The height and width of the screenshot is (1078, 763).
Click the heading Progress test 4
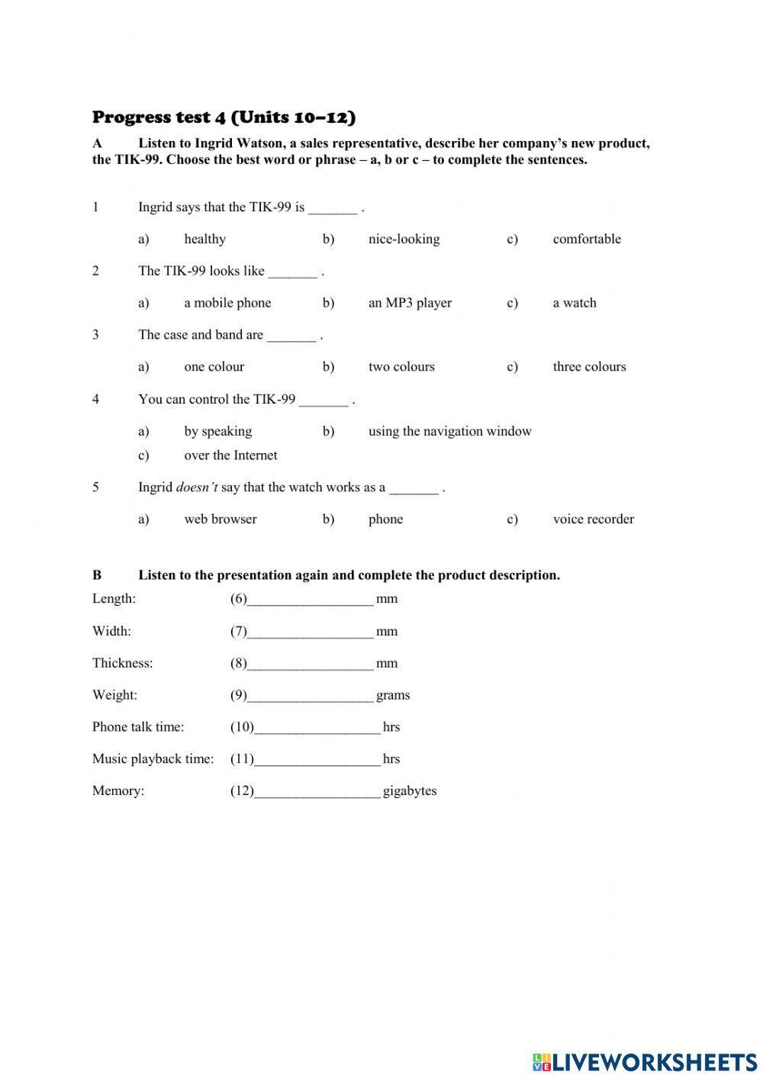(224, 117)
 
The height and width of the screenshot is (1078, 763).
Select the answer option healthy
(204, 239)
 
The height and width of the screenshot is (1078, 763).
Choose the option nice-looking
(404, 239)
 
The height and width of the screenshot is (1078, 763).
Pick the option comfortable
(586, 239)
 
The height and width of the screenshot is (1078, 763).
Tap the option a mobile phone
(227, 303)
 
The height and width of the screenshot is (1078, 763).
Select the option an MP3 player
(410, 303)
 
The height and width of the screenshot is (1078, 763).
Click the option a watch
(574, 303)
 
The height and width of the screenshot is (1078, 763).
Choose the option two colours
(401, 367)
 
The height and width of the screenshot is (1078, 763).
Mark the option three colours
(589, 367)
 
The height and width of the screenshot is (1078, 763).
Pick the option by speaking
(217, 431)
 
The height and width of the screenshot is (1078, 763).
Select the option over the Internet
(230, 455)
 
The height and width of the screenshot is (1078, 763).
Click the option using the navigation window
(449, 431)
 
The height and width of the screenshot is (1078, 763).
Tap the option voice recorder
(593, 520)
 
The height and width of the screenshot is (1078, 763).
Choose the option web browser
(220, 520)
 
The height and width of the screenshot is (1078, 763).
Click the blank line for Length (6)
(311, 600)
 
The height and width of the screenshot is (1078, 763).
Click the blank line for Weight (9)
(311, 696)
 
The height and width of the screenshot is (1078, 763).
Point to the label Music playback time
(153, 759)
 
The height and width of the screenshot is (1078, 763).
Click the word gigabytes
(410, 791)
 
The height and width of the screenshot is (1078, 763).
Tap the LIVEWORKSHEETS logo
(644, 1061)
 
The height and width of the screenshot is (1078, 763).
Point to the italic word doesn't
(197, 488)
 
